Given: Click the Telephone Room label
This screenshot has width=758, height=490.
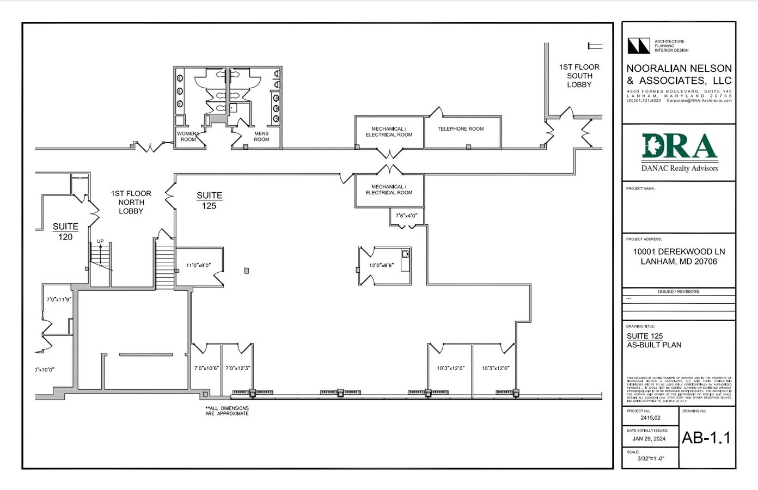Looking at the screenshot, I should (460, 129).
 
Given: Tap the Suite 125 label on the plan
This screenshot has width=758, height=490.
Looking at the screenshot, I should (209, 200).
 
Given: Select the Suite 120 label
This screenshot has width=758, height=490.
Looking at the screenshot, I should (65, 231).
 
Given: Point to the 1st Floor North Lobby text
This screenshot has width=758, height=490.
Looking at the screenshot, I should (131, 202).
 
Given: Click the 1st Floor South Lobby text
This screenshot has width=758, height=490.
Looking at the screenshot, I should (579, 76).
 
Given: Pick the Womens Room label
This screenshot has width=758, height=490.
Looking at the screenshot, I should (188, 136).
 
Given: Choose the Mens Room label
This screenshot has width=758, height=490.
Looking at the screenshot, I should (261, 136).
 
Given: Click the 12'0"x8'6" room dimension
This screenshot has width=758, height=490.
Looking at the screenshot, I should (381, 266).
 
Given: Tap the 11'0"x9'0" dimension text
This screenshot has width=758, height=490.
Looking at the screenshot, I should (198, 266).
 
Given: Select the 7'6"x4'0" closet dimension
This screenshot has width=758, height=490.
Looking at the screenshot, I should (406, 216).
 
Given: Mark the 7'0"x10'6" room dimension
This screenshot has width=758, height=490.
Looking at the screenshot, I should (206, 368).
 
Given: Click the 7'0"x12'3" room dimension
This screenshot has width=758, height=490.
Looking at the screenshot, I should (237, 368).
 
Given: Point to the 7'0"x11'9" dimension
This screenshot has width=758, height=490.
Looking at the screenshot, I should (59, 299).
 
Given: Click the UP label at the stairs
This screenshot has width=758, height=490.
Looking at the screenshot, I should (100, 241).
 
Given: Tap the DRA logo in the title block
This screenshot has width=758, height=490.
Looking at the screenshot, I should (679, 148).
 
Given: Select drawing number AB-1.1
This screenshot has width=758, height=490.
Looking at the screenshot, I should (706, 438).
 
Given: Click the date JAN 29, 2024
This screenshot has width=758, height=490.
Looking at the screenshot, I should (649, 438).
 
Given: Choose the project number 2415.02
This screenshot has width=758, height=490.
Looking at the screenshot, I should (650, 418).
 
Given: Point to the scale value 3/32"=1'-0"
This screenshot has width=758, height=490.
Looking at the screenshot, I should (651, 458).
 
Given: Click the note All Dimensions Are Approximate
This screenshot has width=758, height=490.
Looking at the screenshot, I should (227, 411).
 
